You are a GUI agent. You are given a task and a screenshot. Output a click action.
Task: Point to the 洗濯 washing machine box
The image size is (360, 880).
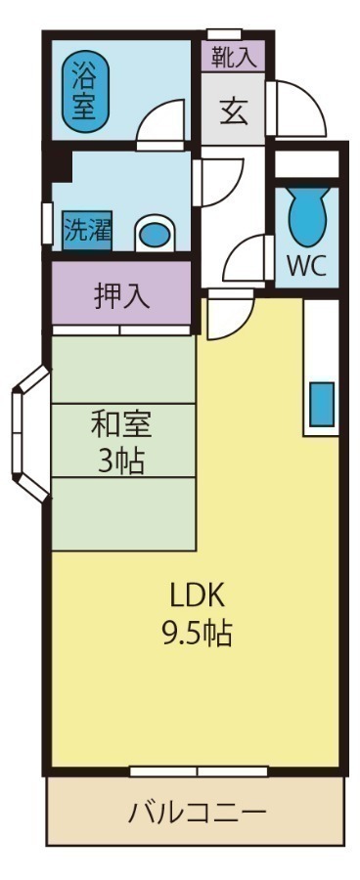click(x=87, y=231)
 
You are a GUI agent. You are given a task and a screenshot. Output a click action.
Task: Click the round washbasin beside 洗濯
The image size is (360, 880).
click(x=153, y=233)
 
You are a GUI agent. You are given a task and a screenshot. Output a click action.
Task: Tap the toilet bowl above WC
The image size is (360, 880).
click(x=306, y=217)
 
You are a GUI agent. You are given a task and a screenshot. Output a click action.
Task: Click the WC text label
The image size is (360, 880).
click(x=305, y=265)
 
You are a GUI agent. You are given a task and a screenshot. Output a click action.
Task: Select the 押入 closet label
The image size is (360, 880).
click(x=122, y=294)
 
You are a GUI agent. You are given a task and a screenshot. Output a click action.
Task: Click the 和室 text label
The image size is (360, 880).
click(x=122, y=425)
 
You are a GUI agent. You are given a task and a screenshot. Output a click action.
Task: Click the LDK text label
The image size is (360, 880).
click(x=198, y=594)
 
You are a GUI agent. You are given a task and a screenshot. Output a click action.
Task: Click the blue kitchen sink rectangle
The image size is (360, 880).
click(x=322, y=404)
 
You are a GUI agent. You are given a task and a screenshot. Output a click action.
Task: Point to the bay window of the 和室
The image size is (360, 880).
click(x=27, y=433)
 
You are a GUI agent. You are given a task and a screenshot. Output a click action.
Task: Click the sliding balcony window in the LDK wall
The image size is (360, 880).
click(x=198, y=771)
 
